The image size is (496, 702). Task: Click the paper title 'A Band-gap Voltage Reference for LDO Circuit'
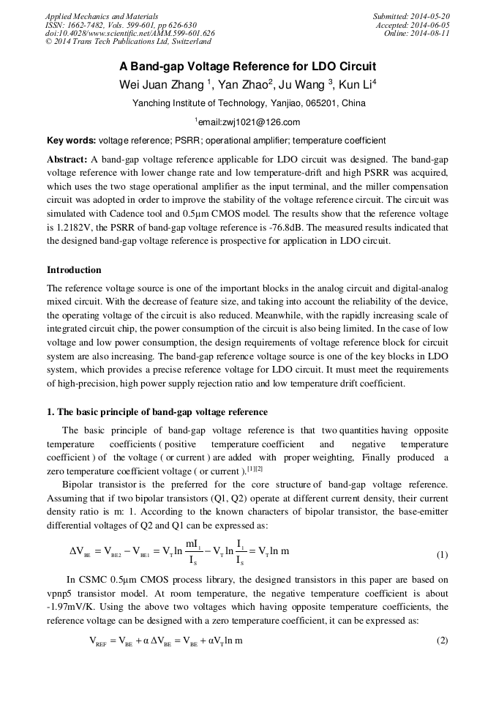248,66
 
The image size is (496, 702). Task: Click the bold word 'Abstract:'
67,159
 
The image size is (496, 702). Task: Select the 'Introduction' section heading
74,270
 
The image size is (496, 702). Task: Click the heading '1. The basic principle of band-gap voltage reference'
157,411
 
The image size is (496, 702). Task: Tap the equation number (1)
442,555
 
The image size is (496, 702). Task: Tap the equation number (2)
442,641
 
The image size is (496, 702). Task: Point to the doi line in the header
129,34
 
